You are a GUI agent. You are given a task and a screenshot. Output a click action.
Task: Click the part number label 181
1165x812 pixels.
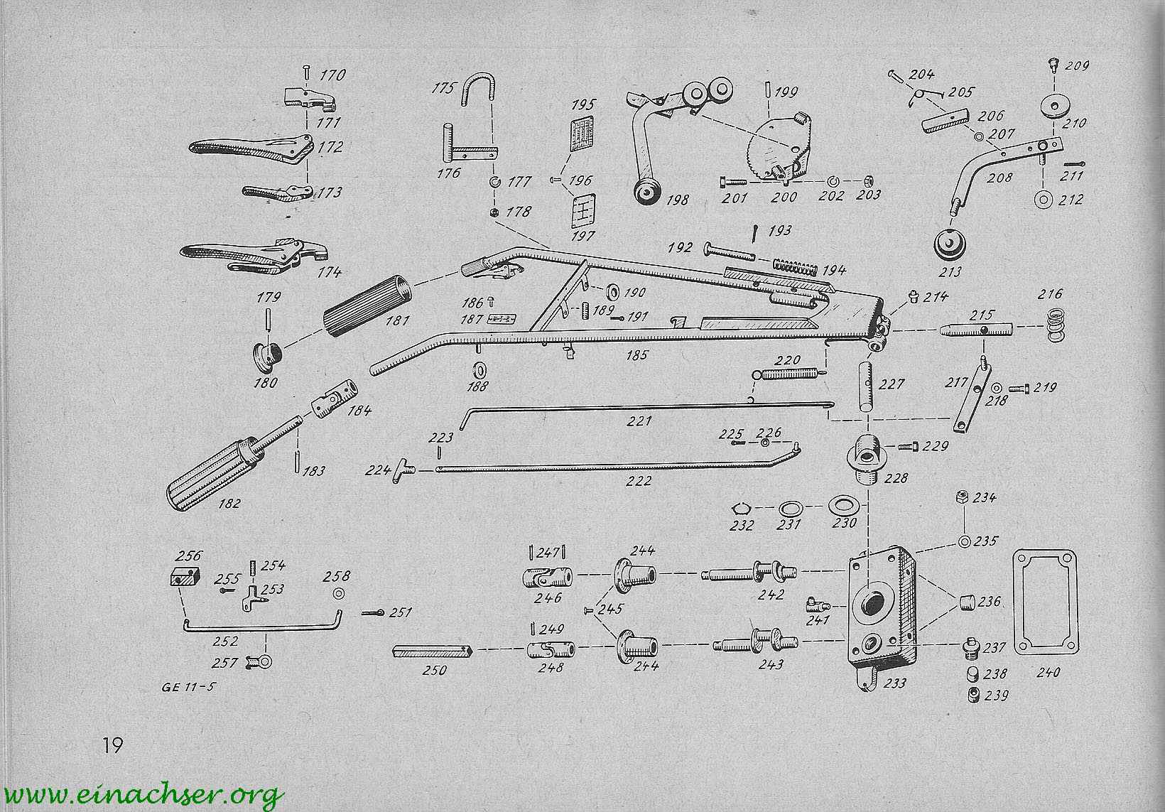click(x=396, y=321)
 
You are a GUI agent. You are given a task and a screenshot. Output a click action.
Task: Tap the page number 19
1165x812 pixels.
click(x=112, y=745)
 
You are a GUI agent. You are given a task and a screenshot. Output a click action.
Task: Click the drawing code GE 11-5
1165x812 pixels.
click(x=188, y=687)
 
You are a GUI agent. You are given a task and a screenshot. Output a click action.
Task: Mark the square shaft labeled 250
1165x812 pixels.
click(x=430, y=651)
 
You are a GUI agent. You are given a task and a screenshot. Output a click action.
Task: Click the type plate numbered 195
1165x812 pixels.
click(x=582, y=133)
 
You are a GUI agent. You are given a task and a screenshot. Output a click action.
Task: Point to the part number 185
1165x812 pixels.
click(x=637, y=354)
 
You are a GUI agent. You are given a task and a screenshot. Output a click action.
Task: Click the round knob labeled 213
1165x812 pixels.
click(x=950, y=245)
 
